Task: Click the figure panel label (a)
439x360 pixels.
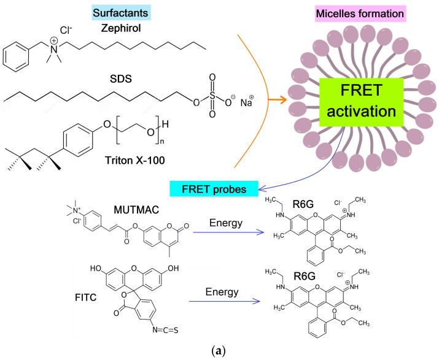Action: click(x=220, y=351)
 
